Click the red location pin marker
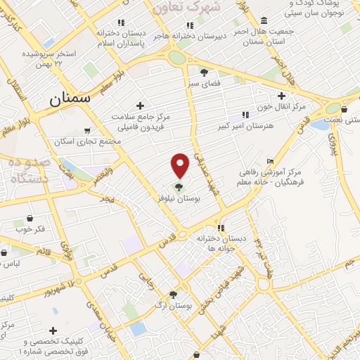(x=181, y=165)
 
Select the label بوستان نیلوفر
(x=198, y=200)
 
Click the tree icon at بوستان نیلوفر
(x=179, y=187)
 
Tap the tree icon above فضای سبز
(x=204, y=72)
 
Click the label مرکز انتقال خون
(x=283, y=107)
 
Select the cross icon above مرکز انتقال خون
(x=282, y=96)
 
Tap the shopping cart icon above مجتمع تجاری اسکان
(x=86, y=130)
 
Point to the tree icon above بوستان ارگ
(x=173, y=295)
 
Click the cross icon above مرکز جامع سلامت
(x=141, y=105)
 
